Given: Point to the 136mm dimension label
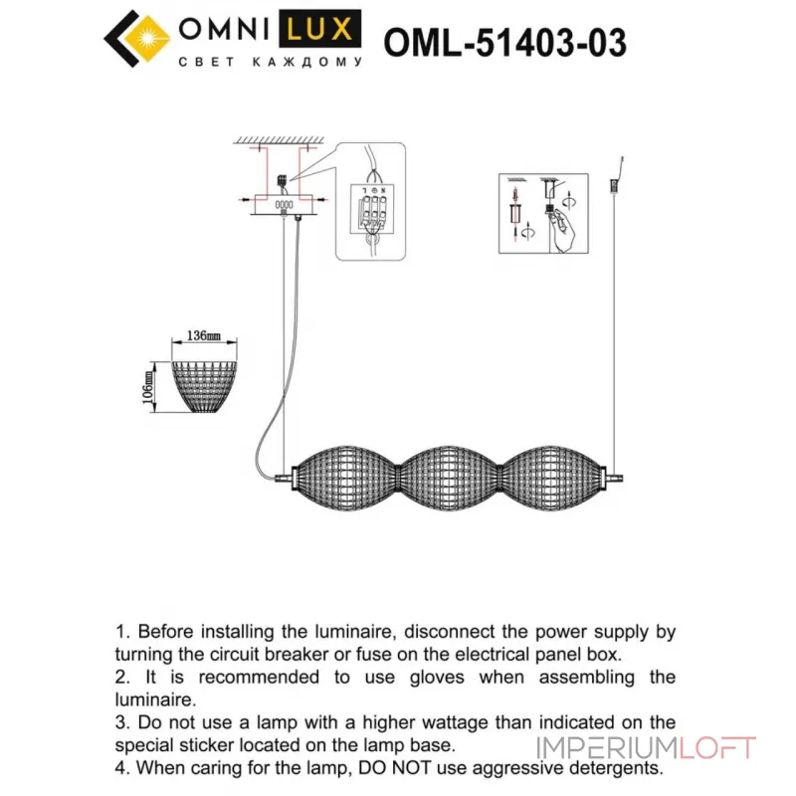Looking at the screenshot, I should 203,336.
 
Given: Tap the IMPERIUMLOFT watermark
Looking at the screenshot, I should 647,748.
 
